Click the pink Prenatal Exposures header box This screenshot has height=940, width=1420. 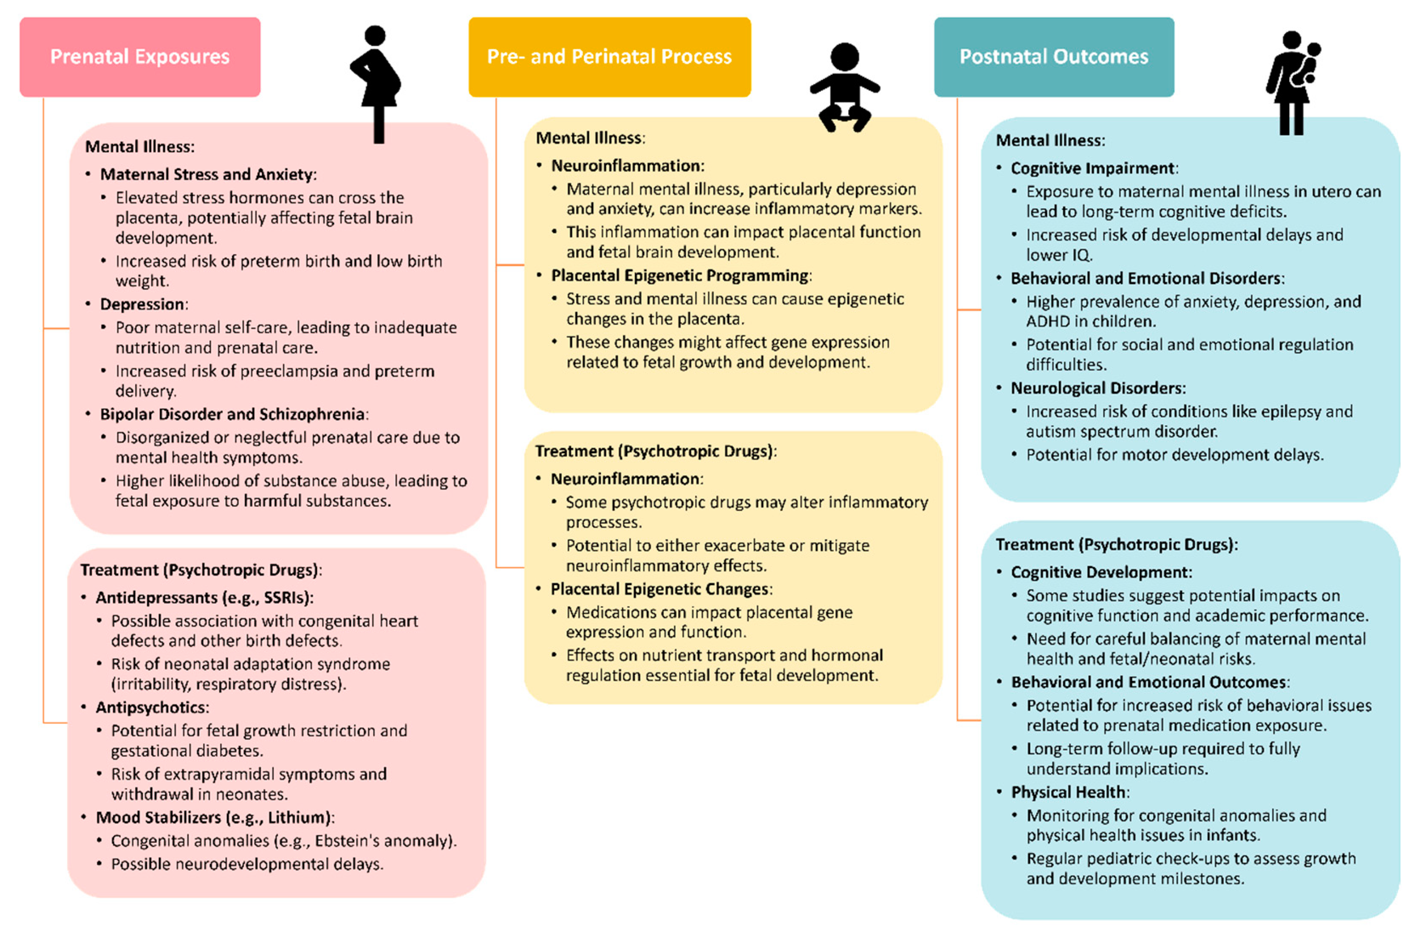(x=140, y=57)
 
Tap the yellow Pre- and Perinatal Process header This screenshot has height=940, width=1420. (x=609, y=57)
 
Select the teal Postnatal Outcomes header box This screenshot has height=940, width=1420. (x=1053, y=57)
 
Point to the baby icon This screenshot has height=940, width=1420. (x=844, y=87)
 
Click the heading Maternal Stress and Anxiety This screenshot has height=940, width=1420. (x=206, y=174)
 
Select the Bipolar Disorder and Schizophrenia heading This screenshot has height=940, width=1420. (x=232, y=414)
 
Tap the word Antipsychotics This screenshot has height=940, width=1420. (x=151, y=707)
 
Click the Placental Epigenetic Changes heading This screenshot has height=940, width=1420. (x=659, y=589)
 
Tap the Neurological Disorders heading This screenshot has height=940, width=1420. (x=1097, y=389)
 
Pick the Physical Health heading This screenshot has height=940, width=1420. (x=1068, y=792)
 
